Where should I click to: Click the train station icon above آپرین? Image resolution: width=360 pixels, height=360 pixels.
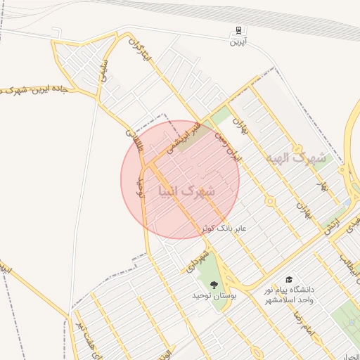[239, 31]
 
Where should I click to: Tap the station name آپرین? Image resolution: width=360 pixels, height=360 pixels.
[239, 41]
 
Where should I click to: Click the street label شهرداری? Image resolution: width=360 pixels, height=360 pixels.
[200, 259]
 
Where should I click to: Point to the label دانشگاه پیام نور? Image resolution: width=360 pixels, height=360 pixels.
[289, 289]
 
